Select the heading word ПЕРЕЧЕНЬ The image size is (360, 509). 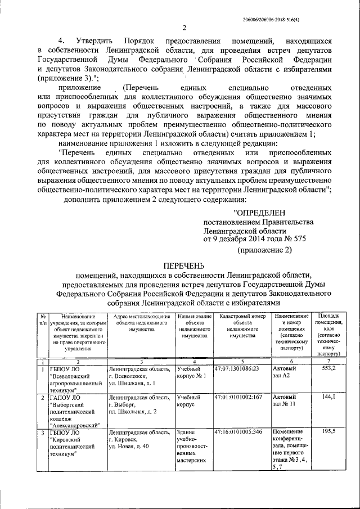coord(184,265)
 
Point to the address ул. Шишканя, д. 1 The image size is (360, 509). coord(132,382)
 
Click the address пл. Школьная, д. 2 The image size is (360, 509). coord(133,412)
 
